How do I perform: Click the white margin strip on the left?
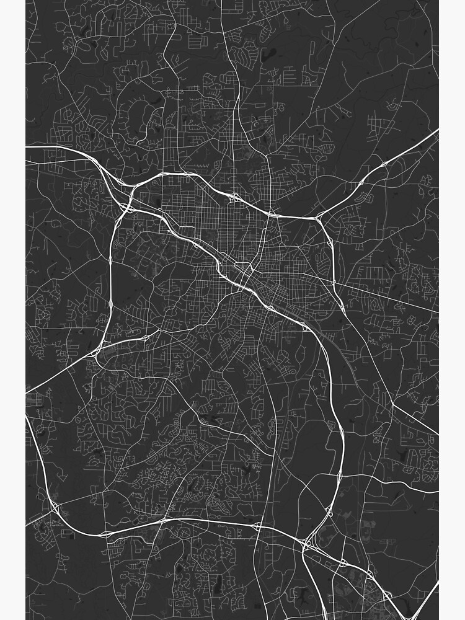click(x=12, y=310)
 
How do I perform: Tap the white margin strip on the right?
click(x=452, y=310)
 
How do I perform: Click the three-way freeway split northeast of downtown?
click(x=320, y=217)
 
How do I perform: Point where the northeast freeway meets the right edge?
click(x=437, y=130)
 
